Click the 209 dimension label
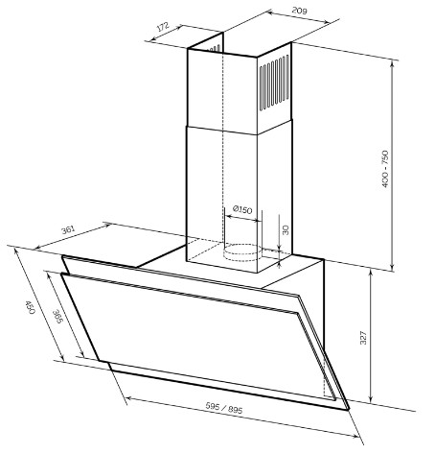pos(299,11)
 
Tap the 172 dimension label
pos(163,27)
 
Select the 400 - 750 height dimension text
pos(385,169)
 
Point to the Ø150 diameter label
pos(242,210)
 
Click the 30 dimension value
pos(286,229)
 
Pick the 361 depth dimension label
pos(68,229)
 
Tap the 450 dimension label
pos(30,307)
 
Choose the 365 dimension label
pos(57,317)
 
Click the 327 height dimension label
pos(363,338)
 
